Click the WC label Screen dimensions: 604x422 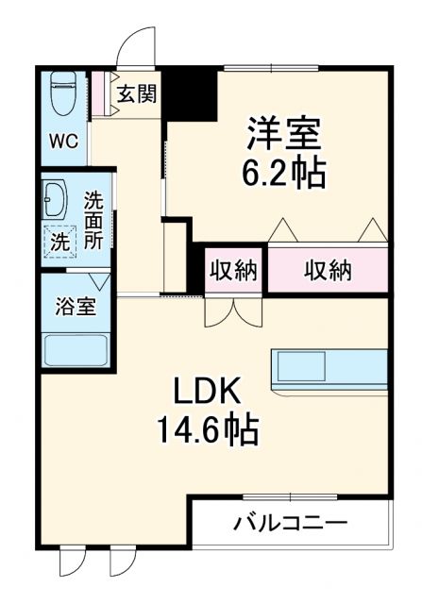click(x=63, y=142)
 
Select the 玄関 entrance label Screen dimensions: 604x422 click(x=135, y=93)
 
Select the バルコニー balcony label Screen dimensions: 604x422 click(x=291, y=522)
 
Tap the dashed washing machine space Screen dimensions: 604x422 click(x=59, y=242)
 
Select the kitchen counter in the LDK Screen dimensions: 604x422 click(x=329, y=366)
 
